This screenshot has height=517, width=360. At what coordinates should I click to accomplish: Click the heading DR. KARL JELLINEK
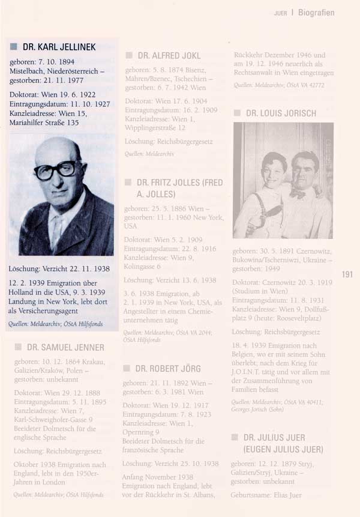click(59, 47)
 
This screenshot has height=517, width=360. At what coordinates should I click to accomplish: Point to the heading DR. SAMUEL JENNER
click(65, 347)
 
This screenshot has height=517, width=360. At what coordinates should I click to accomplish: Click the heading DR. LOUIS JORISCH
click(281, 113)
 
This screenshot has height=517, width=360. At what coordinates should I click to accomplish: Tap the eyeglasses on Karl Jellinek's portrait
click(55, 170)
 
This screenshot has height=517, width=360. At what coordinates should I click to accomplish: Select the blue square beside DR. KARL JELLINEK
click(14, 47)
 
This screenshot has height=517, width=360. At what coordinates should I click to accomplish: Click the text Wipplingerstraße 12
click(155, 128)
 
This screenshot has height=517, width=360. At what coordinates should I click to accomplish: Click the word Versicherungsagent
click(54, 312)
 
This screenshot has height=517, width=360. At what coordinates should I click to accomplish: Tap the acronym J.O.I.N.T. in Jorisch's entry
click(251, 372)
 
